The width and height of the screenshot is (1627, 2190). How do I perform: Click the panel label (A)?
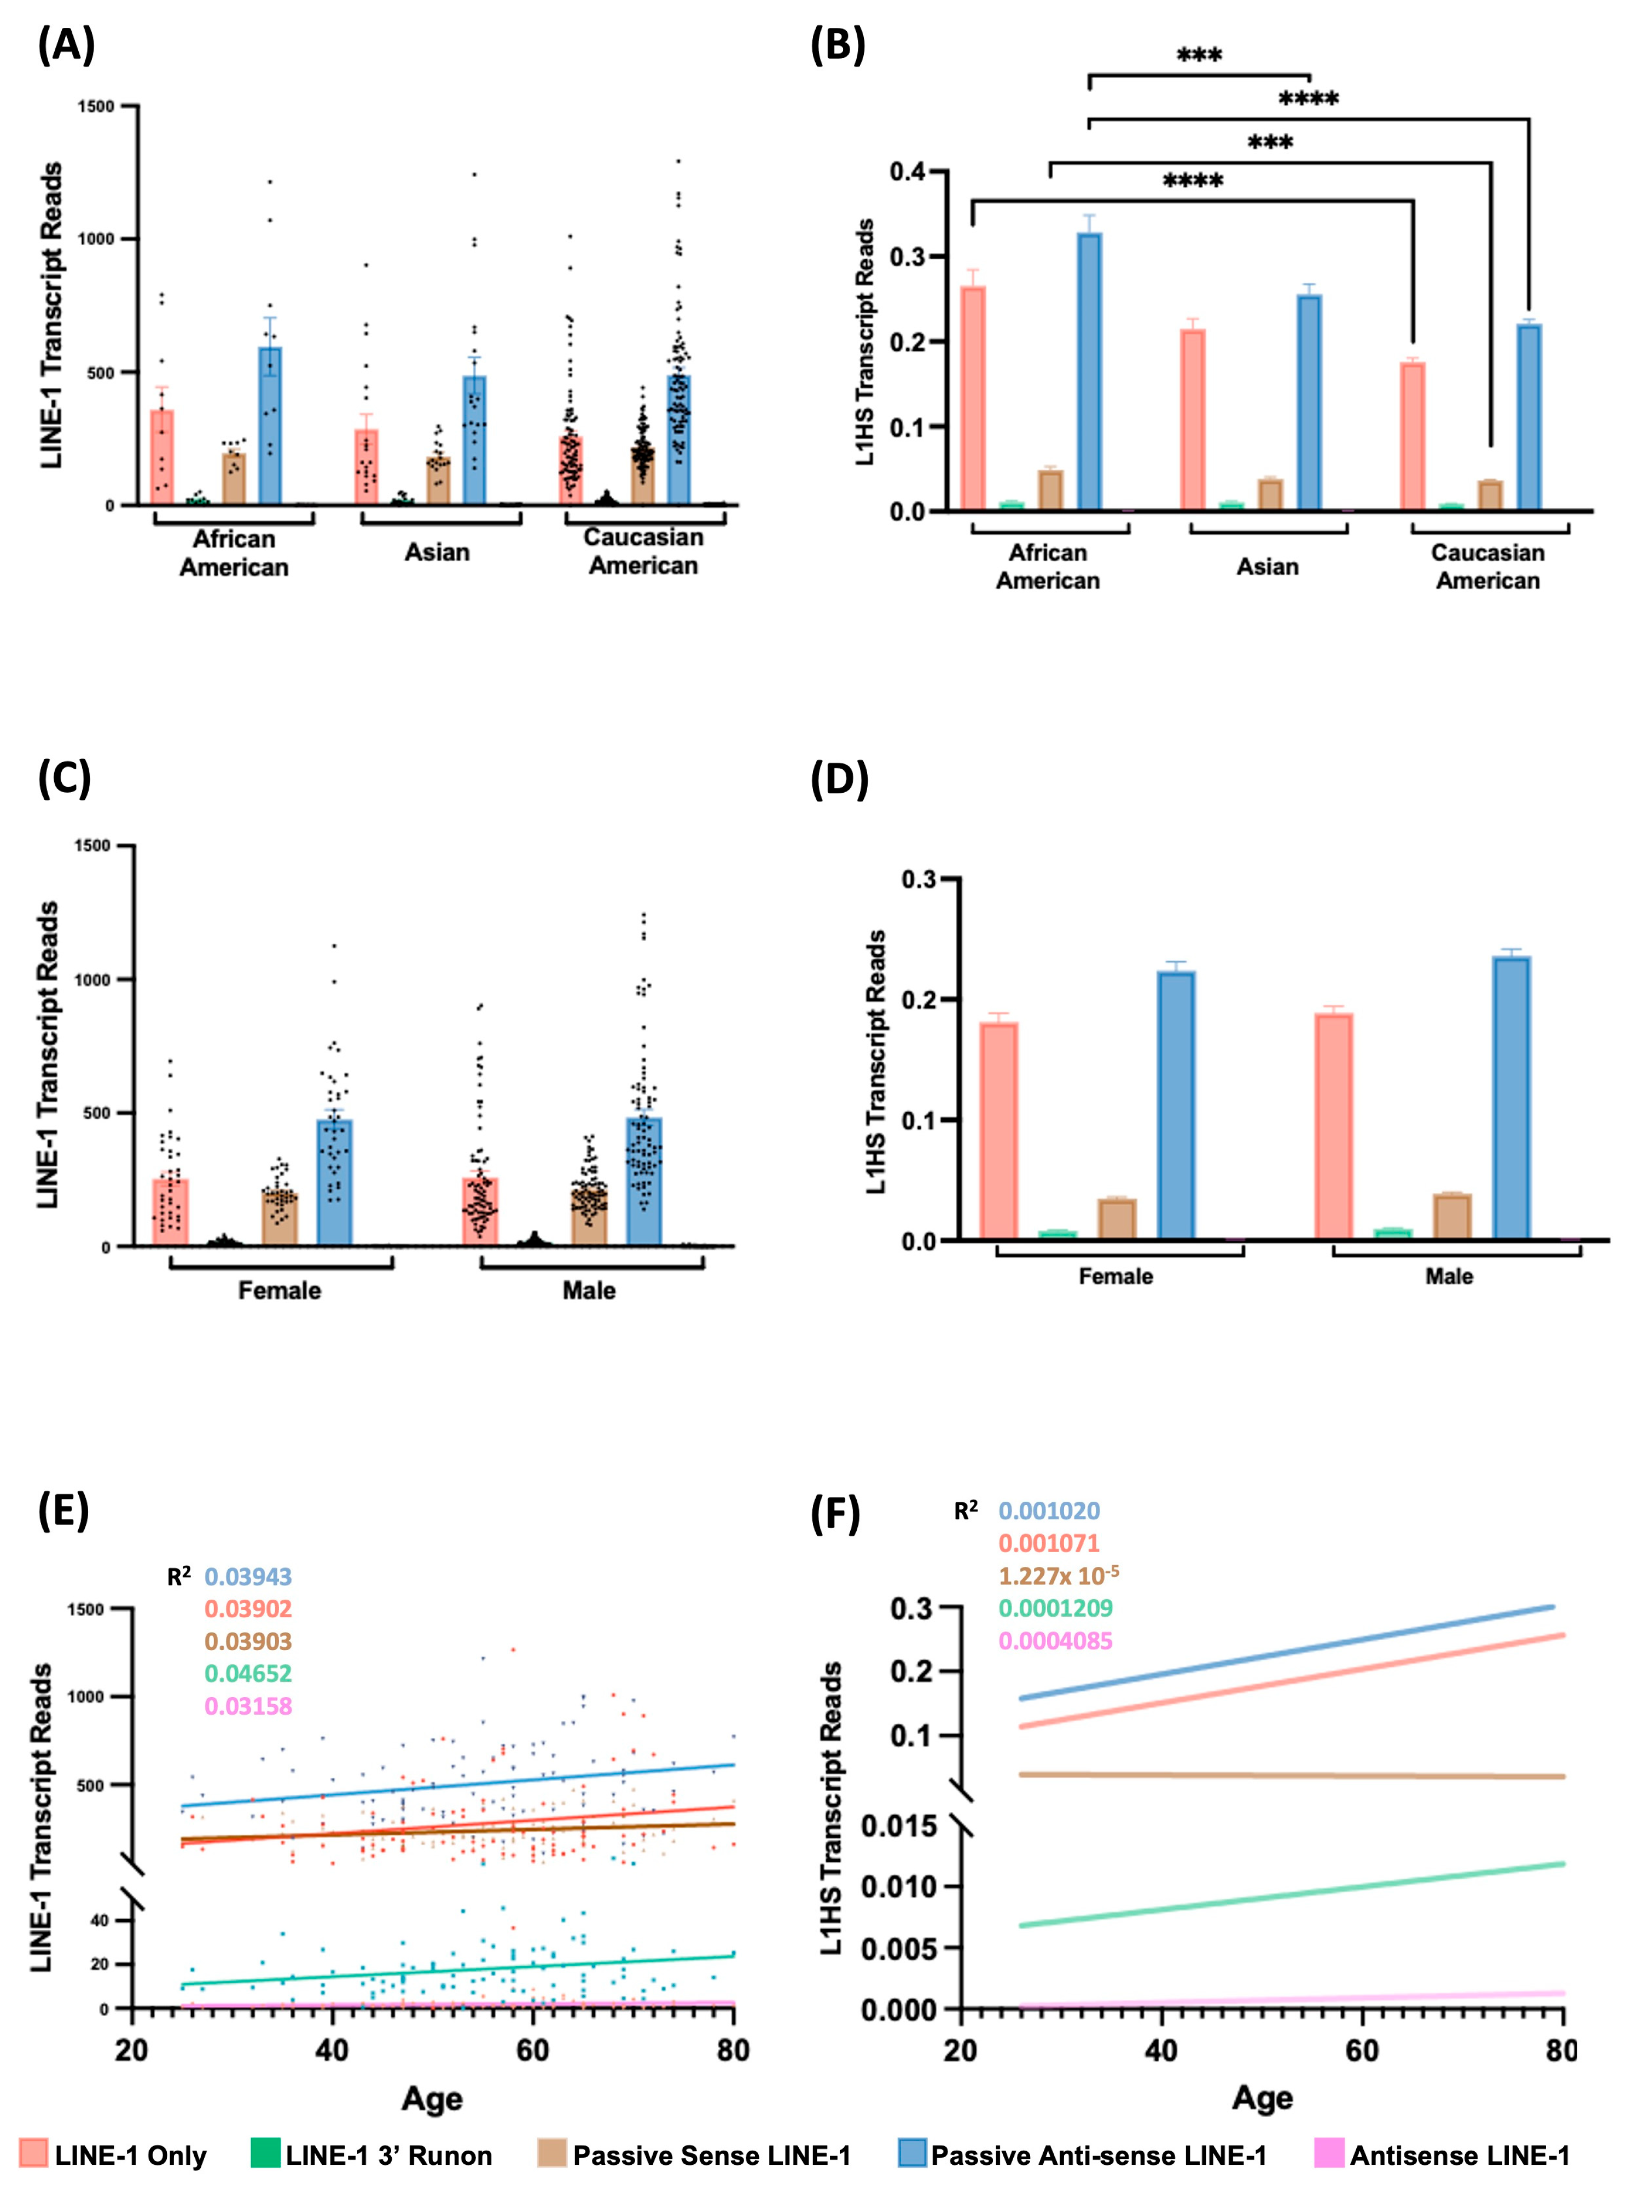coord(66,45)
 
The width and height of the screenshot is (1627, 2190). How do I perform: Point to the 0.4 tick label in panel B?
coord(907,172)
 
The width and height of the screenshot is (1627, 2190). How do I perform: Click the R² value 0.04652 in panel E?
coord(248,1673)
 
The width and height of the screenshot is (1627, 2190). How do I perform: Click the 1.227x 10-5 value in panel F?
coord(1057,1576)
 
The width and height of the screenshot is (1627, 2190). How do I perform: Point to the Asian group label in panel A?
coord(437,553)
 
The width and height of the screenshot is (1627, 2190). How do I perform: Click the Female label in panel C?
coord(280,1290)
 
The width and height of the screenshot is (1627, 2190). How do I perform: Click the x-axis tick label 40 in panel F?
coord(1161,2051)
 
